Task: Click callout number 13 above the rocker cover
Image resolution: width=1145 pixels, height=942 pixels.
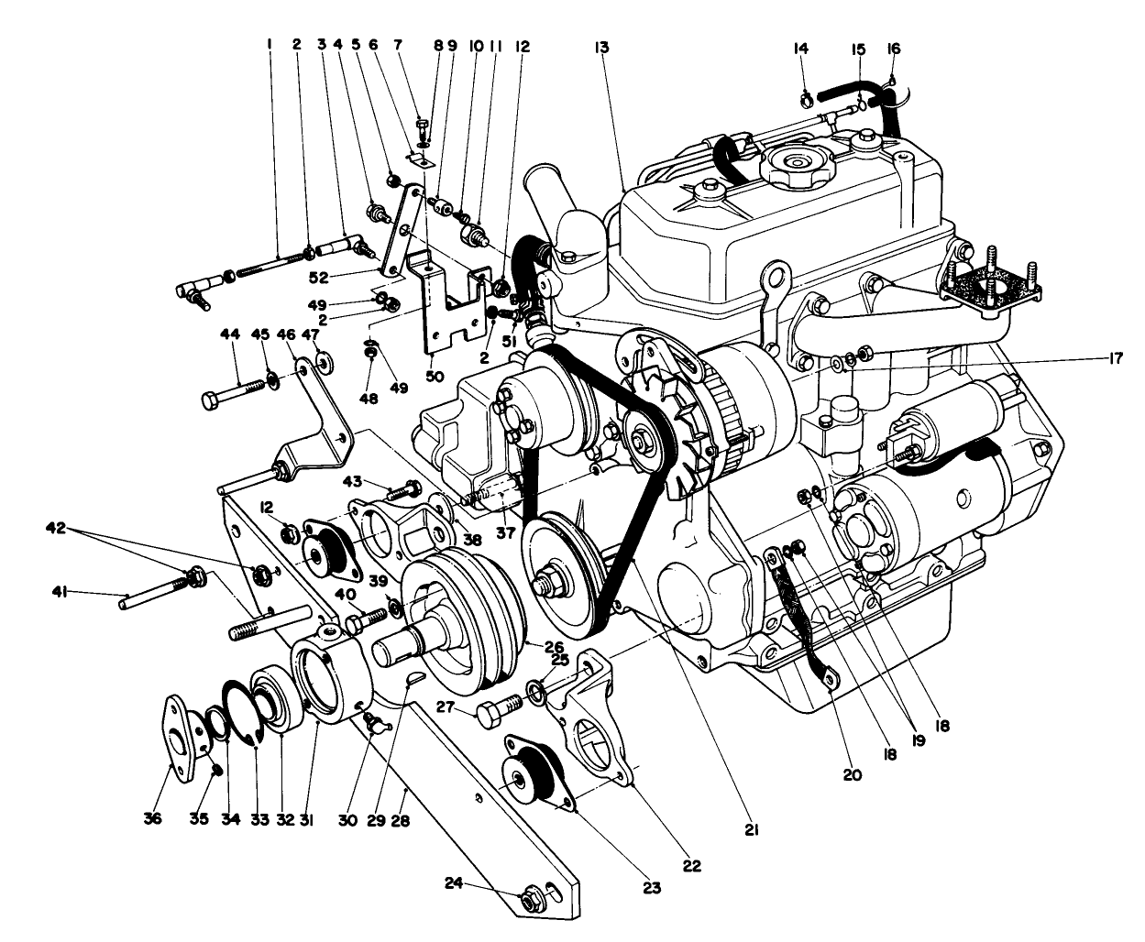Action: [x=601, y=47]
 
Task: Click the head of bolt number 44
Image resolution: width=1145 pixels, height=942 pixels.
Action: [x=210, y=400]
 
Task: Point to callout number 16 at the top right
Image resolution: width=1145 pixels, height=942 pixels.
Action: [x=894, y=49]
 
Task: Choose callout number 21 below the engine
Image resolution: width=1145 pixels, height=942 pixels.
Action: [x=752, y=829]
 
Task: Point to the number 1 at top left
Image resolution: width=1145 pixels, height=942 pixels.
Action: [x=270, y=43]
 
